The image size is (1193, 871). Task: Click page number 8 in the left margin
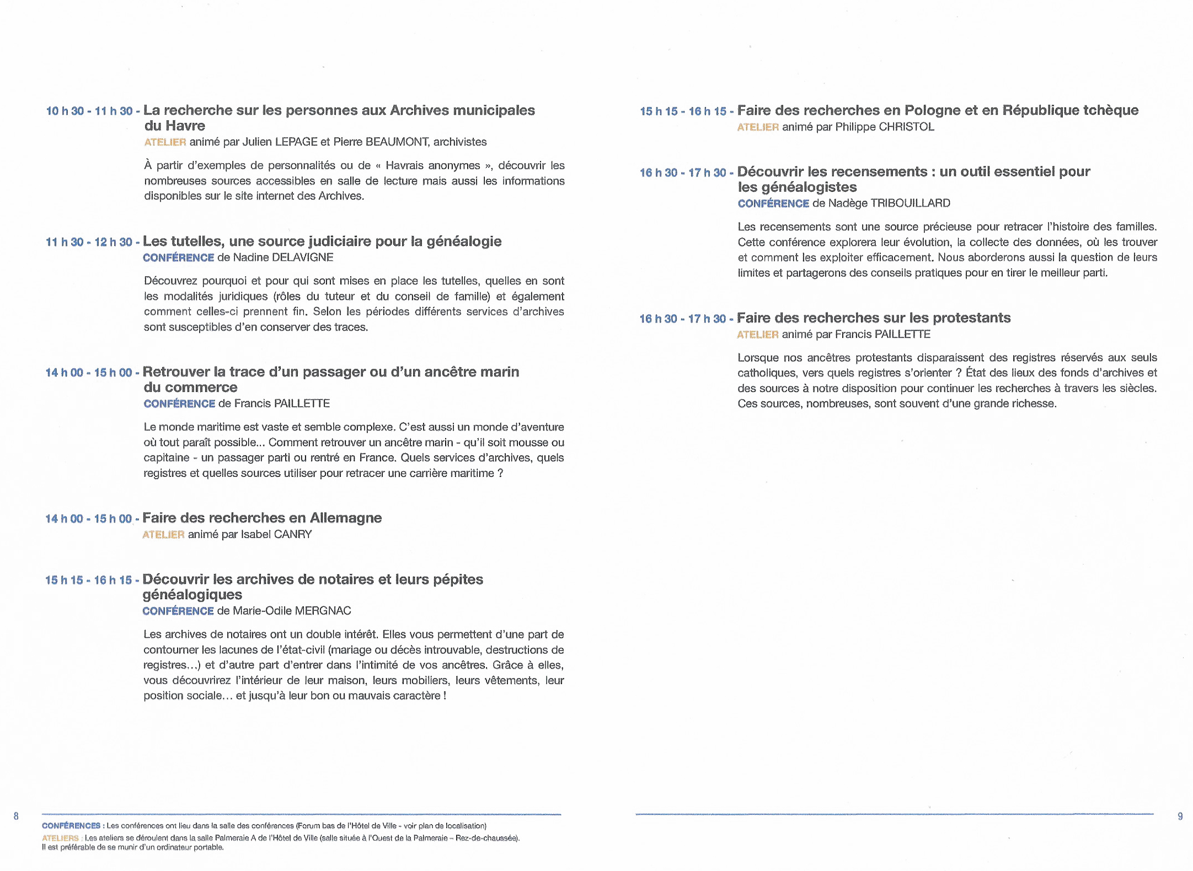pos(16,816)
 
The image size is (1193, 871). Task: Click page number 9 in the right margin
pos(1180,816)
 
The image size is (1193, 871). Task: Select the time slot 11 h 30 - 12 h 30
pos(89,242)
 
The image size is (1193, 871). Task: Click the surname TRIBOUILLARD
pos(910,203)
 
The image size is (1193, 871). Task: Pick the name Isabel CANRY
pos(276,534)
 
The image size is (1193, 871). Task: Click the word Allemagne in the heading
pos(346,518)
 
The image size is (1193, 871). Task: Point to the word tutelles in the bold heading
pos(194,241)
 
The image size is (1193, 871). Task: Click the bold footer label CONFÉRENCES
pos(71,826)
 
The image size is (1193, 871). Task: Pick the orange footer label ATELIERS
pos(60,838)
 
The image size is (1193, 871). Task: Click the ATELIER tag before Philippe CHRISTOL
pos(758,127)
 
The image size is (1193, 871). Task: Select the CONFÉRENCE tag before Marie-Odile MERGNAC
pos(178,611)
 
